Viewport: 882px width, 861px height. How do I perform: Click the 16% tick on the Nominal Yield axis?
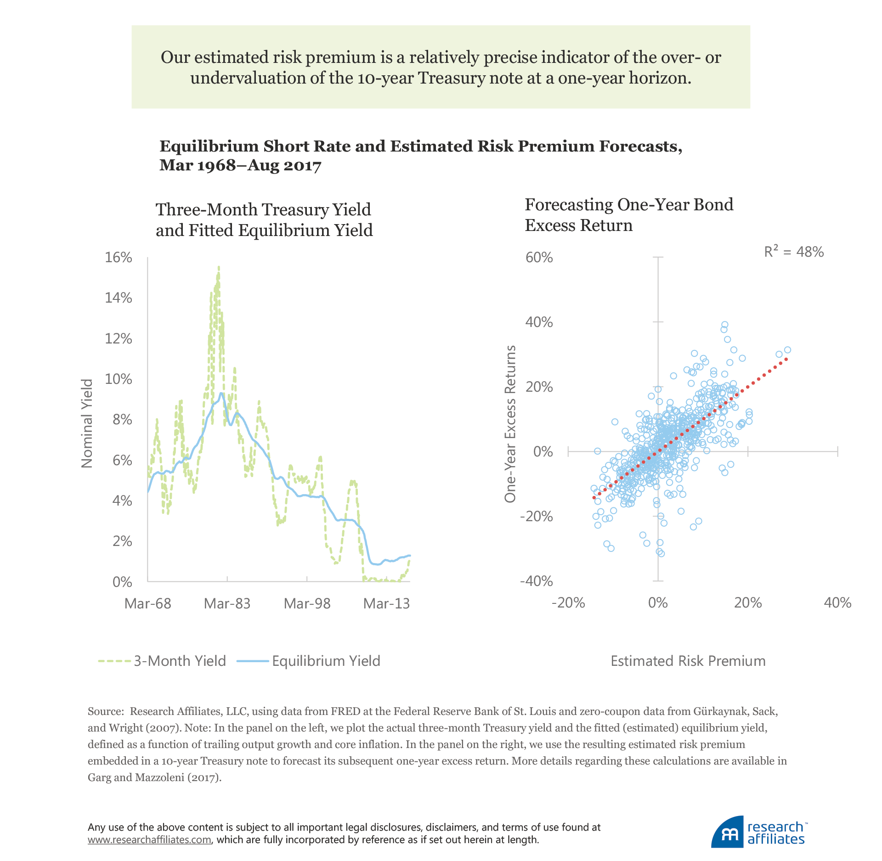pyautogui.click(x=119, y=258)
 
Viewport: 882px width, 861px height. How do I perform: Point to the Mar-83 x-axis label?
pyautogui.click(x=227, y=603)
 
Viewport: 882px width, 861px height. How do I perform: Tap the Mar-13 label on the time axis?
pyautogui.click(x=386, y=603)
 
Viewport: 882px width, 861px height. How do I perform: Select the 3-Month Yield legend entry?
pyautogui.click(x=162, y=661)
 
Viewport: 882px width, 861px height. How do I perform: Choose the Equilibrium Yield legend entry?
pyautogui.click(x=309, y=661)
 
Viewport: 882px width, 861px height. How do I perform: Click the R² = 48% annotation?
pyautogui.click(x=794, y=252)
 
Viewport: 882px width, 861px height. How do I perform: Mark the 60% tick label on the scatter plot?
pyautogui.click(x=539, y=258)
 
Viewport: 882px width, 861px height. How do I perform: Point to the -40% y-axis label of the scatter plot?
pyautogui.click(x=536, y=581)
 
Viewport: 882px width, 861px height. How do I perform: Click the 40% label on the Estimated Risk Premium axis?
pyautogui.click(x=837, y=602)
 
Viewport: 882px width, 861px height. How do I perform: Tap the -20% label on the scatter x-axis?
pyautogui.click(x=568, y=602)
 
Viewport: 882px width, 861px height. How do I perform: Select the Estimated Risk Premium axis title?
pyautogui.click(x=688, y=661)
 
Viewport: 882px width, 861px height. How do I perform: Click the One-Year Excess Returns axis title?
pyautogui.click(x=510, y=424)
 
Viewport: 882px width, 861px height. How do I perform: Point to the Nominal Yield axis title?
pyautogui.click(x=87, y=423)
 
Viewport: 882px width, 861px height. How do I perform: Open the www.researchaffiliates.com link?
pyautogui.click(x=149, y=840)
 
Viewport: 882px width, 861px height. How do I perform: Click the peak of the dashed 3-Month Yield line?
pyautogui.click(x=219, y=267)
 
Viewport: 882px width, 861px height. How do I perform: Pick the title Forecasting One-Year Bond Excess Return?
pyautogui.click(x=629, y=215)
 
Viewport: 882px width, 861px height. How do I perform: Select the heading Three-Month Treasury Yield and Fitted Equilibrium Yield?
pyautogui.click(x=264, y=220)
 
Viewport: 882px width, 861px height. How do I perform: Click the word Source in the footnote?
pyautogui.click(x=105, y=711)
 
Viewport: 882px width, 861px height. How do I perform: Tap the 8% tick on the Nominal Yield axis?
pyautogui.click(x=122, y=420)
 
